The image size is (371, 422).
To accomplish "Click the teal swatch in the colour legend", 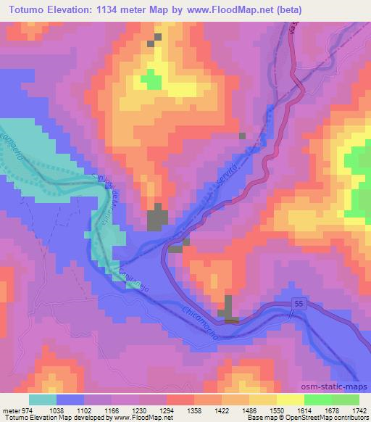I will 42,400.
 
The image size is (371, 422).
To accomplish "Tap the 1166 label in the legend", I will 112,410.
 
